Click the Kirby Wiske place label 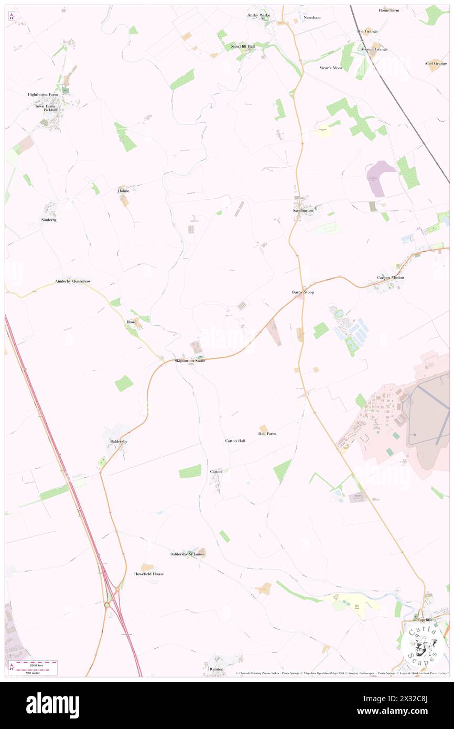tap(259, 15)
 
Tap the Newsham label tap(311, 17)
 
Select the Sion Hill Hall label tap(243, 47)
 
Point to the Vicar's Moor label tap(331, 68)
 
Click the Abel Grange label tap(436, 63)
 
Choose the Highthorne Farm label tap(46, 94)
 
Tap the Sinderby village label tap(49, 220)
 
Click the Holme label tap(123, 191)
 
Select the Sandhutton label tap(303, 210)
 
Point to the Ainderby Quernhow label tap(73, 282)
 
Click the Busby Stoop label tap(303, 292)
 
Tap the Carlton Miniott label tap(391, 277)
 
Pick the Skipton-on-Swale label tap(190, 361)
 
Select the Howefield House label tap(149, 574)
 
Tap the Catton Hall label tap(235, 441)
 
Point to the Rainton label tap(217, 669)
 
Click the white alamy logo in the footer tap(52, 704)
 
